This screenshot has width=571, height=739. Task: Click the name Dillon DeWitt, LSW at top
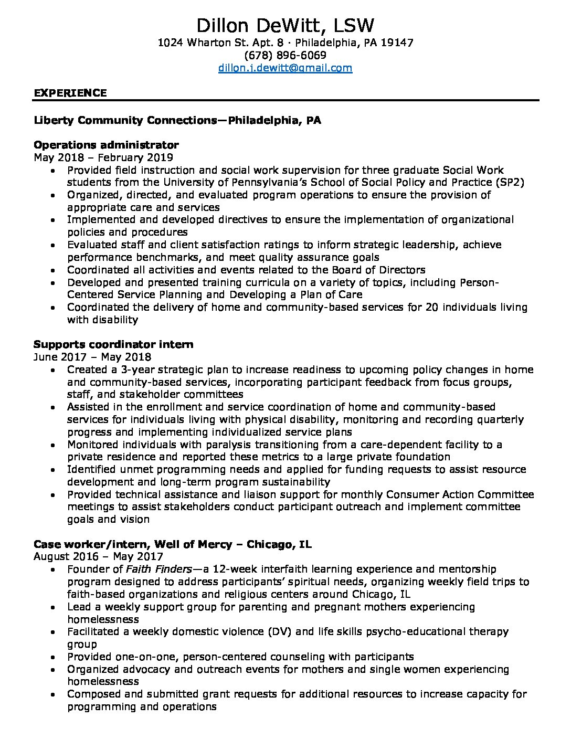(285, 26)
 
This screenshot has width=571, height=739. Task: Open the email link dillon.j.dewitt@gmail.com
(285, 68)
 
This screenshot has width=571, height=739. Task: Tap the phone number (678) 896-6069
(285, 55)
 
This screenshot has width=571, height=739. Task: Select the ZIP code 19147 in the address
(397, 43)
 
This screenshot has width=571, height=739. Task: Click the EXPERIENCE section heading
(70, 93)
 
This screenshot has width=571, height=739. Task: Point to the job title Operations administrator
(106, 145)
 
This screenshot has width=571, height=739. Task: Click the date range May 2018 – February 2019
(103, 157)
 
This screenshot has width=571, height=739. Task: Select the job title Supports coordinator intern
(113, 344)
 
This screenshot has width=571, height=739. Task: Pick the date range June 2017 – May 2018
(92, 357)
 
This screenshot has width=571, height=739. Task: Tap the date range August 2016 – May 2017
(98, 556)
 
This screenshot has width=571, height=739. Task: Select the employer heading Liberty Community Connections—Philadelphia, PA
(177, 121)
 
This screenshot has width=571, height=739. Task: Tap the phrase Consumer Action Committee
(460, 494)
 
